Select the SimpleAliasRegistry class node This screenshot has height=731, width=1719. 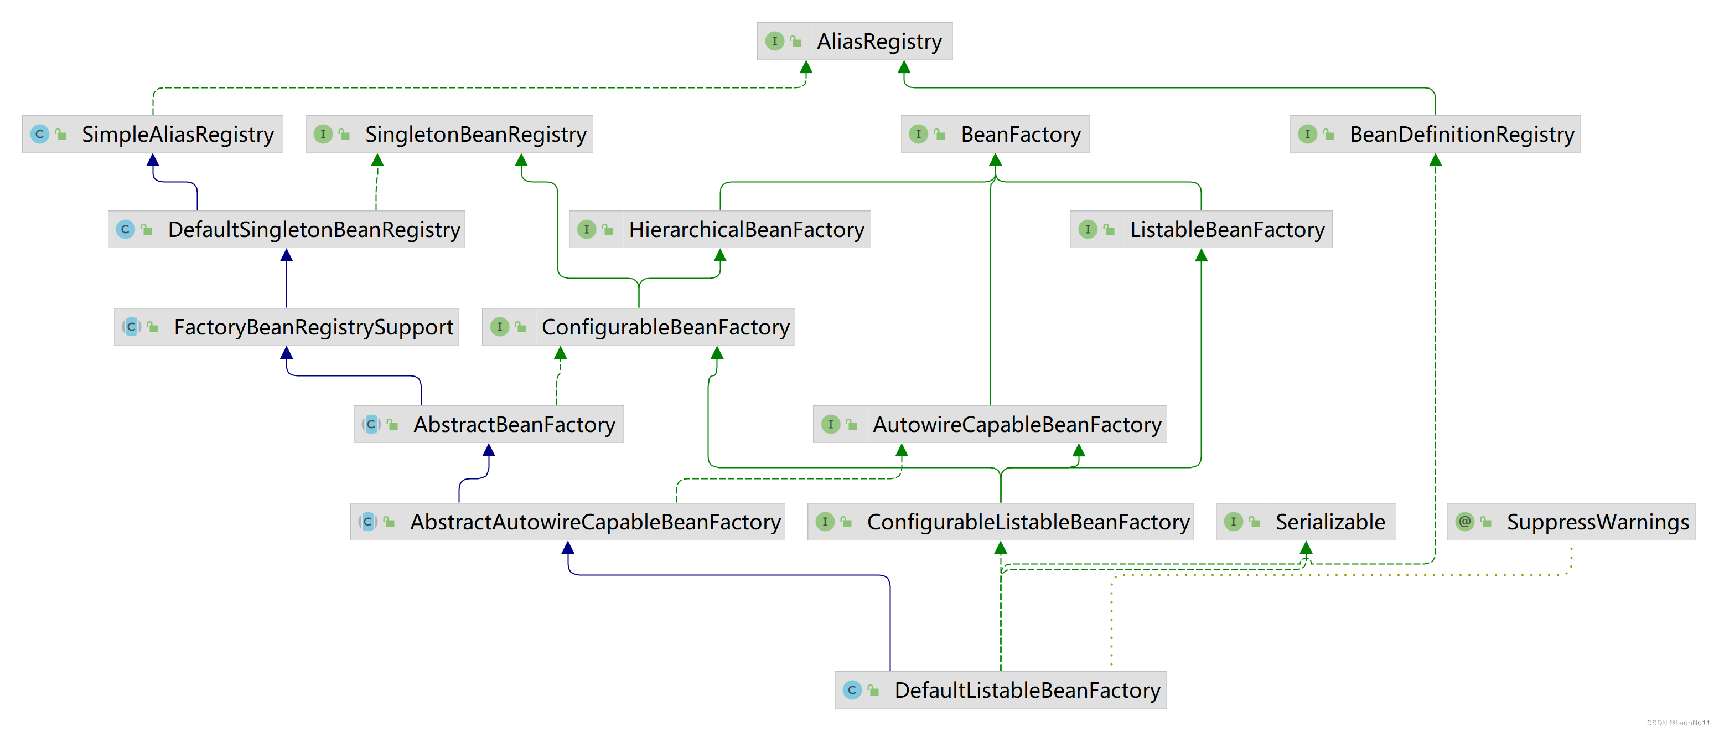coord(153,134)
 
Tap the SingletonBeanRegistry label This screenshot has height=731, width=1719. coord(474,134)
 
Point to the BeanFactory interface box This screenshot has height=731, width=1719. coord(995,134)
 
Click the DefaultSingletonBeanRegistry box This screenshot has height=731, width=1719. coord(286,230)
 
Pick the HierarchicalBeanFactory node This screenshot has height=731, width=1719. coord(719,230)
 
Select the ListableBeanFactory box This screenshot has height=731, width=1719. coord(1200,230)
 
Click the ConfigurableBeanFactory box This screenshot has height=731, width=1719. coord(638,327)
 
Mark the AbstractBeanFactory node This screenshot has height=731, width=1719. coord(489,425)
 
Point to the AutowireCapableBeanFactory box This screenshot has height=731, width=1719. coord(990,425)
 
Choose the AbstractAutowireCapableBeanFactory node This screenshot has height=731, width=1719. coord(567,522)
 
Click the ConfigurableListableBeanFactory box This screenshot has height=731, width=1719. coord(1000,522)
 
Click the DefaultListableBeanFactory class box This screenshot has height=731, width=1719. coord(1000,690)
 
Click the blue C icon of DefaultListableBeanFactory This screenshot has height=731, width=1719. coord(852,689)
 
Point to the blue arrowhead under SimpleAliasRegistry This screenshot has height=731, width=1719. coord(153,160)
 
